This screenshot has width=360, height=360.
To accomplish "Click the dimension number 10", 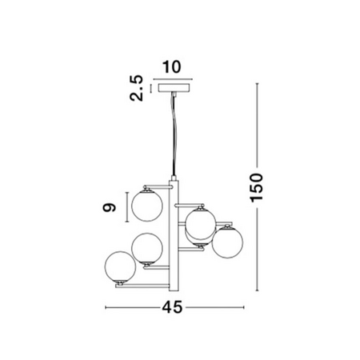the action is (x=172, y=67).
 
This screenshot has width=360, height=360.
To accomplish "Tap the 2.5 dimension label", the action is (x=136, y=88).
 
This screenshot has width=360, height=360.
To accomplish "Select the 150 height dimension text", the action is (x=257, y=187).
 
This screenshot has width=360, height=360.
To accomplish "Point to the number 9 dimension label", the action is (x=110, y=207).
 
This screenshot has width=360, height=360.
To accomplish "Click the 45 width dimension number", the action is (x=172, y=307).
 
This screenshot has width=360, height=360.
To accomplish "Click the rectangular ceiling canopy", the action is (x=174, y=87).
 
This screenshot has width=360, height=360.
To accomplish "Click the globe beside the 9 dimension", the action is (x=147, y=206).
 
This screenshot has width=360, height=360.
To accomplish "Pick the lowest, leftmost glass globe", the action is (x=120, y=266).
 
